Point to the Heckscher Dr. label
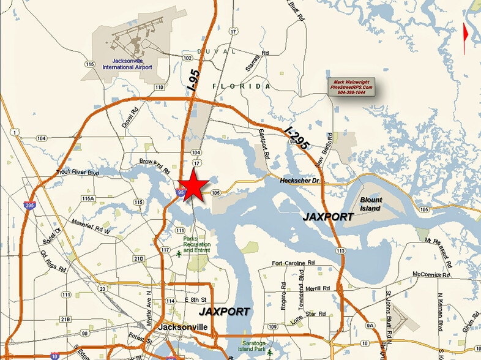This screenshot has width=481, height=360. (299, 181)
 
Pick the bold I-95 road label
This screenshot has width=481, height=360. (194, 80)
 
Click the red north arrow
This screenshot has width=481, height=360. (466, 34)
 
